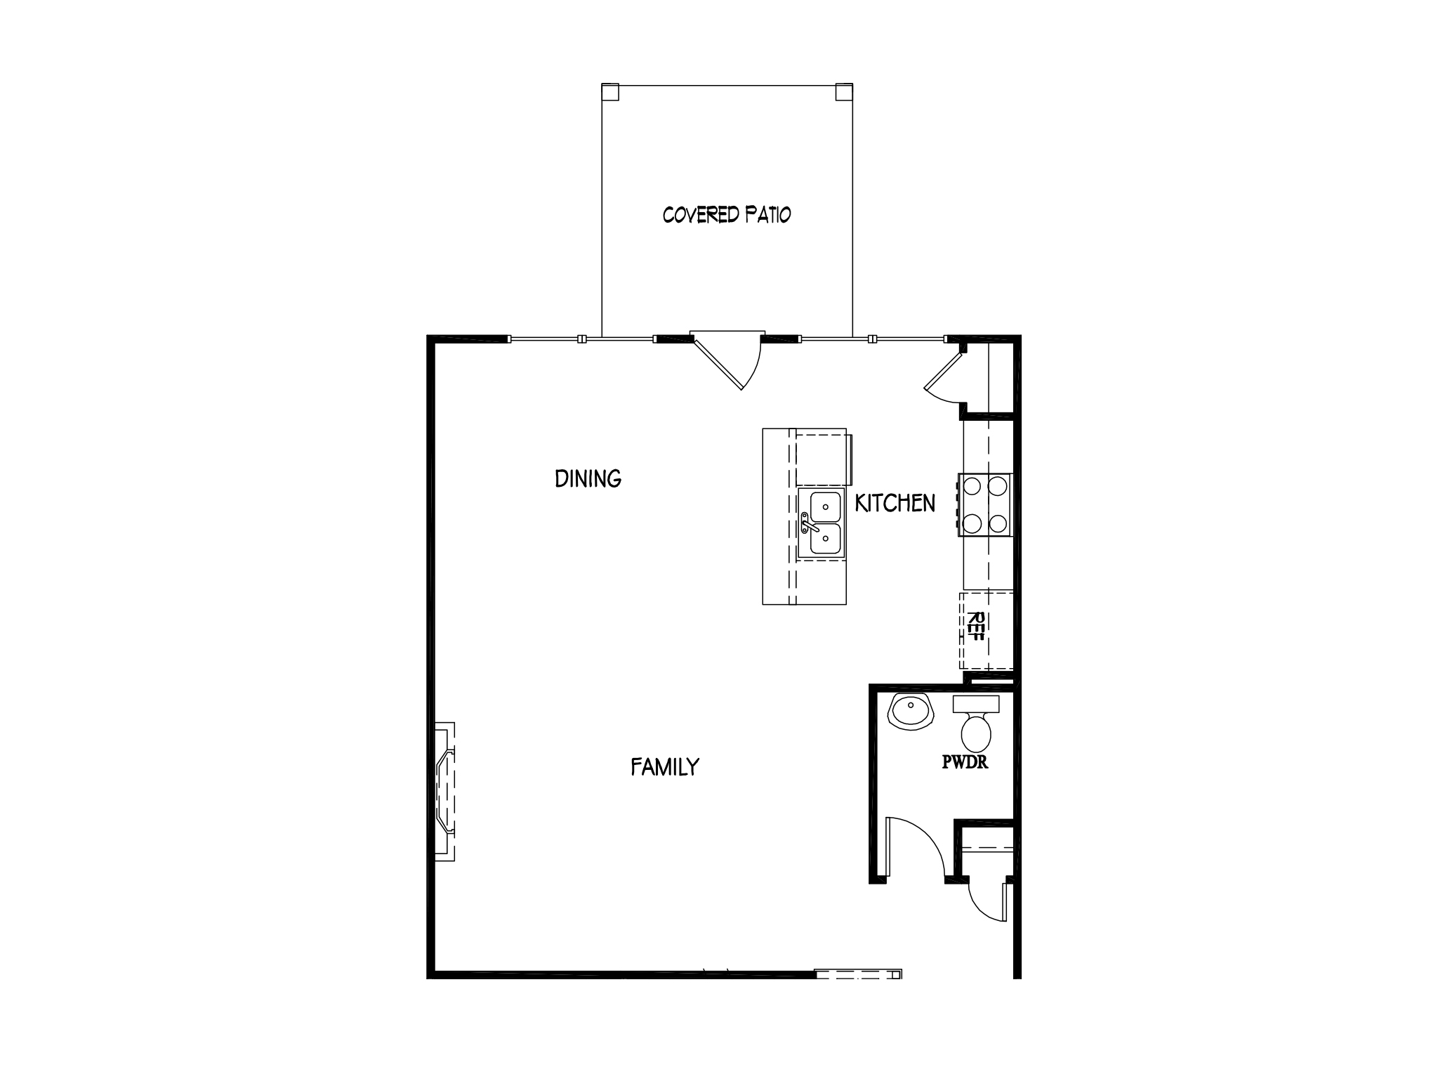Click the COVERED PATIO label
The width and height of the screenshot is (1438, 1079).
click(x=727, y=214)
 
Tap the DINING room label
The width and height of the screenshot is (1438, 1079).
click(x=588, y=478)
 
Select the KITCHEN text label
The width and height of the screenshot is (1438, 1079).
click(x=895, y=503)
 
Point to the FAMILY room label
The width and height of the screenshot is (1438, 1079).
click(x=665, y=766)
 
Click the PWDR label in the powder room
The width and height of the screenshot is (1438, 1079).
click(x=965, y=763)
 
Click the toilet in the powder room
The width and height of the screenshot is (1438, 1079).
click(x=976, y=724)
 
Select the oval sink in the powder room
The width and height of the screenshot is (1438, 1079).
click(x=911, y=711)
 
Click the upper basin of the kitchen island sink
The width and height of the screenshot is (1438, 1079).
click(x=826, y=506)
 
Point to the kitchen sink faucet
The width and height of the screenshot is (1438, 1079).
click(x=808, y=523)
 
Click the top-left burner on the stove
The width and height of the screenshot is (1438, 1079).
click(x=972, y=485)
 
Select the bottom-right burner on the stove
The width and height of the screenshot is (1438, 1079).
click(x=998, y=523)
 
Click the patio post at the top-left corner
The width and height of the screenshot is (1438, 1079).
click(x=610, y=92)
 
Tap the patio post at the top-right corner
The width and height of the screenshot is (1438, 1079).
click(x=844, y=92)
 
